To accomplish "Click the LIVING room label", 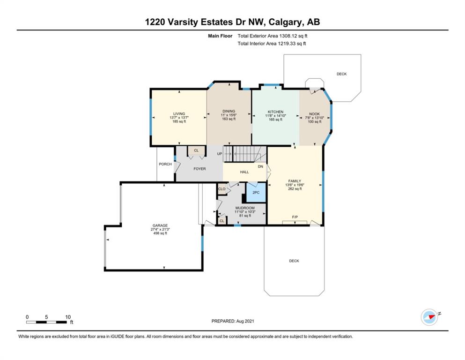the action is pos(179,113).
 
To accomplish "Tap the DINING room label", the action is pos(229,111).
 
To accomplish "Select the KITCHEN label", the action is pos(275,112).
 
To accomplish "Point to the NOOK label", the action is pos(314,114).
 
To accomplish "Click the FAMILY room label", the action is pos(295,181).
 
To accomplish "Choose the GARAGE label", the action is pos(160,225).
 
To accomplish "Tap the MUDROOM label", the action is pos(245,208).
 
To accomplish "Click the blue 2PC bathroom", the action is pos(256,193).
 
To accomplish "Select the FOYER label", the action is pos(199,169).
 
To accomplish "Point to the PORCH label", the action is pos(165,164).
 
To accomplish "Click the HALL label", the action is pos(244,172).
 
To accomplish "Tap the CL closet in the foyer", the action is pos(196,151).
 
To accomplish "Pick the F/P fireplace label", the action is pos(295,217).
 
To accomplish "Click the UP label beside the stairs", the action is pos(220,154).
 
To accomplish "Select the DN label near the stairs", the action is pos(260,167).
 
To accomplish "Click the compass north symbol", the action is pos(429,317).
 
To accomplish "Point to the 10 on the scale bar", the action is pos(68,317).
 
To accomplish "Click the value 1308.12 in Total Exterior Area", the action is pos(289,36).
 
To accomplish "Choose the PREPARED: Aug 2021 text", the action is pos(232,321).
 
